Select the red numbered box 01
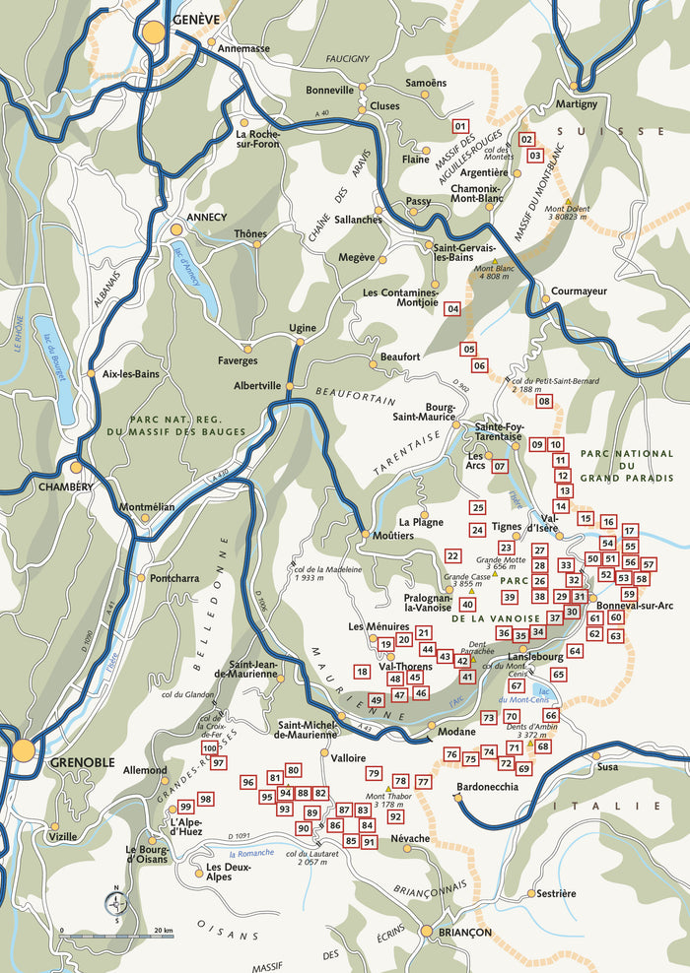pos(459,126)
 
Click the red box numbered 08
pos(543,401)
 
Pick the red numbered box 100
pos(209,748)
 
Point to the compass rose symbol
pos(116,900)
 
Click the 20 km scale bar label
pos(163,931)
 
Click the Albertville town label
pos(256,386)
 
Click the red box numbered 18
pos(362,672)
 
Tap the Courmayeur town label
pos(579,292)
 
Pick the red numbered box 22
pos(453,556)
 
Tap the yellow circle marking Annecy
pos(176,229)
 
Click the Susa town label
pos(606,764)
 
